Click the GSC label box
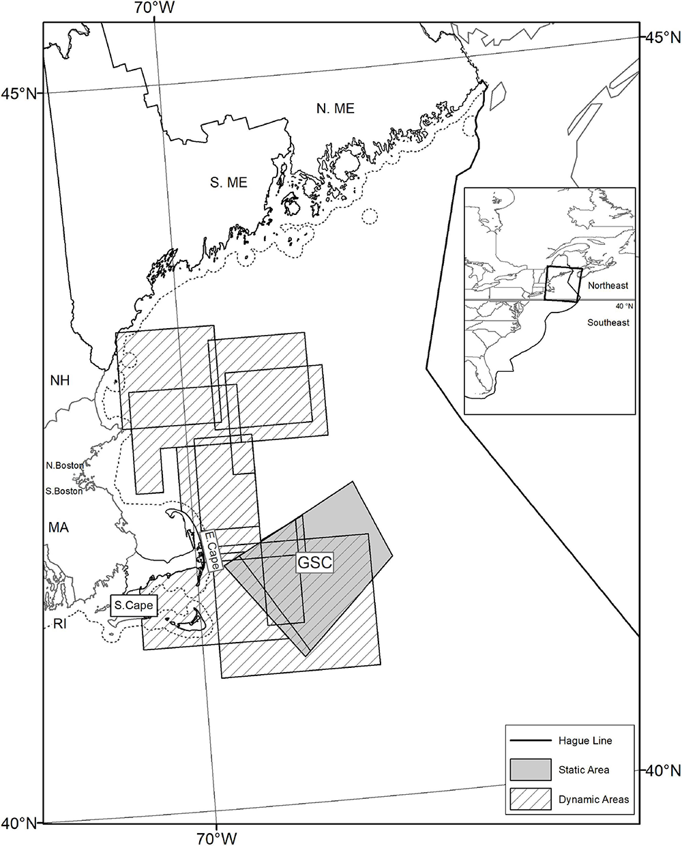314,563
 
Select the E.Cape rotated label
207,551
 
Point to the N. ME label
336,108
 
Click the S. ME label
228,183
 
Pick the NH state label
60,381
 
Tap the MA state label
59,527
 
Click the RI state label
60,622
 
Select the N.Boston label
65,466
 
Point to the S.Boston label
65,491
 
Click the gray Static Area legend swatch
530,770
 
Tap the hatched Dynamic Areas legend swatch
530,799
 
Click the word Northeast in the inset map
607,286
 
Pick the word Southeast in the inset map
608,322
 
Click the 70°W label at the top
155,8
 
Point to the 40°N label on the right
663,770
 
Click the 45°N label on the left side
19,93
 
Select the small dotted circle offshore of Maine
369,217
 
